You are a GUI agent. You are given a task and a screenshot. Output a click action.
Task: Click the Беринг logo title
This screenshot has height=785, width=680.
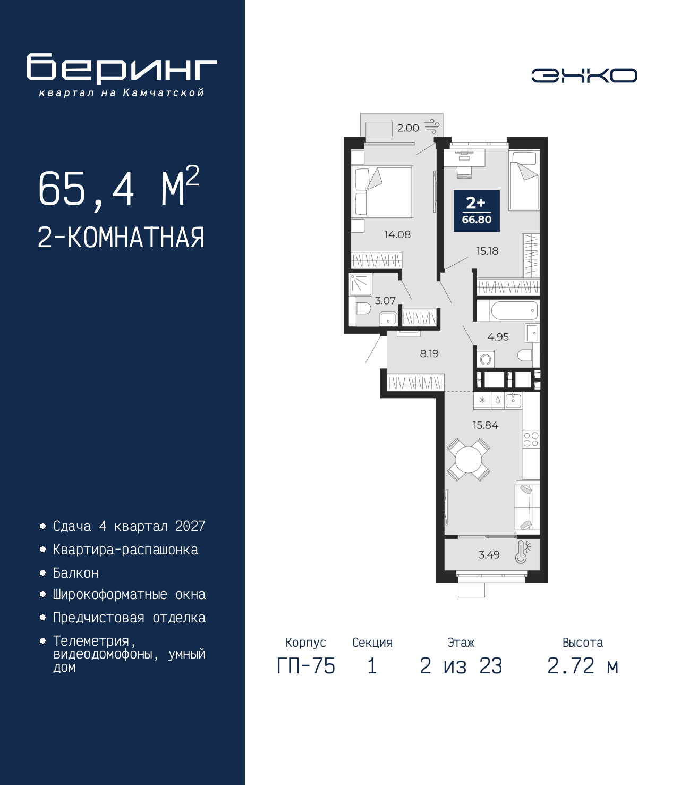pyautogui.click(x=122, y=69)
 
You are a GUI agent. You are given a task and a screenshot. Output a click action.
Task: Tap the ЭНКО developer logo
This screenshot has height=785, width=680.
pyautogui.click(x=584, y=75)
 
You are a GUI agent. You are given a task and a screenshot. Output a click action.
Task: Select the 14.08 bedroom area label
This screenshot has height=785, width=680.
pyautogui.click(x=397, y=234)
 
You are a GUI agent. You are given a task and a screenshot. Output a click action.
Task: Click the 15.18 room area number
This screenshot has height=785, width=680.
pyautogui.click(x=487, y=251)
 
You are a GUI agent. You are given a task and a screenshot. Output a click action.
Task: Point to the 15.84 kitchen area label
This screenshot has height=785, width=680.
pyautogui.click(x=485, y=425)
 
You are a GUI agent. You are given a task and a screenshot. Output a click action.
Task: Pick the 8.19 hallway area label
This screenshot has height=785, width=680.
pyautogui.click(x=429, y=353)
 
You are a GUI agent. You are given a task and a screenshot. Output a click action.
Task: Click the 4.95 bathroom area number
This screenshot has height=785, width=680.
pyautogui.click(x=498, y=336)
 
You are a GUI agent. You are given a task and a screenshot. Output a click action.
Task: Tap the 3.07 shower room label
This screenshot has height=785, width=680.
pyautogui.click(x=385, y=300)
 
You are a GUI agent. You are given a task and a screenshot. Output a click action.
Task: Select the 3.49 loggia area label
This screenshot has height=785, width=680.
pyautogui.click(x=489, y=554)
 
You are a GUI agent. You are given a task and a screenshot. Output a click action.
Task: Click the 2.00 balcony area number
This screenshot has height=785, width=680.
pyautogui.click(x=408, y=128)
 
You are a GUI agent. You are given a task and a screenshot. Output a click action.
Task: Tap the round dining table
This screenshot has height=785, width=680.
pyautogui.click(x=468, y=460)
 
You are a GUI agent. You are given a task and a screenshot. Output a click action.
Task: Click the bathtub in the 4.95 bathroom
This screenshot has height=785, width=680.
pyautogui.click(x=508, y=311)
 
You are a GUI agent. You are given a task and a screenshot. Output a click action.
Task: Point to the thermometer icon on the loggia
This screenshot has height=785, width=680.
pyautogui.click(x=522, y=552)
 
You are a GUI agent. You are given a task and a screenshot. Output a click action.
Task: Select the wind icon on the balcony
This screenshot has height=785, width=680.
pyautogui.click(x=432, y=126)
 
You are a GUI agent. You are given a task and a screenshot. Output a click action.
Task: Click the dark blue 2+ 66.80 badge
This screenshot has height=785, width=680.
pyautogui.click(x=477, y=211)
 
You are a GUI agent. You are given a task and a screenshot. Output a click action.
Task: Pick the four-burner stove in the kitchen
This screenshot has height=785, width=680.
pyautogui.click(x=531, y=440)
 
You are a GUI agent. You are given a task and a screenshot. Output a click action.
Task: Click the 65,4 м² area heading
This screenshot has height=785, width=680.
pyautogui.click(x=118, y=187)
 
